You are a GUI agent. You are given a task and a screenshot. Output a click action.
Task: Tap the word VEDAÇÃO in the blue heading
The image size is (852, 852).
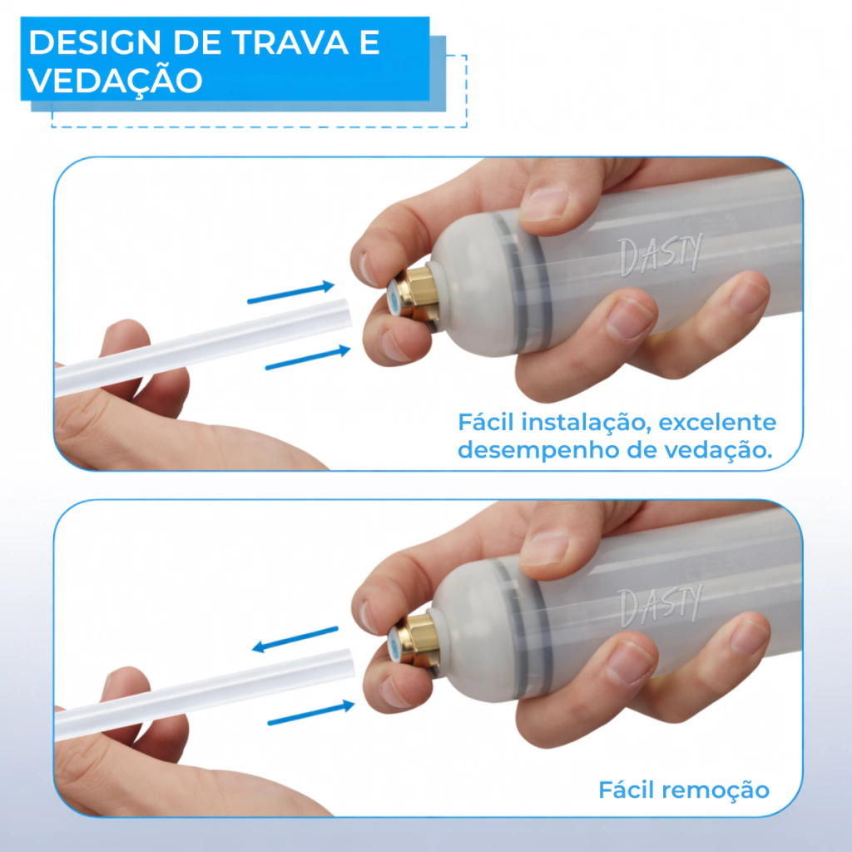pos(115,80)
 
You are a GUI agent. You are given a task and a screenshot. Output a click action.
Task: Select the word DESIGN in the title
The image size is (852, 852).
pos(95,42)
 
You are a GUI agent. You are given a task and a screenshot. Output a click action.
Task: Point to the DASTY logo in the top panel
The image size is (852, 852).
pos(661,255)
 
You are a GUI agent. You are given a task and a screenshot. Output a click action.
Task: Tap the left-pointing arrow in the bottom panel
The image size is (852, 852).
pos(295,639)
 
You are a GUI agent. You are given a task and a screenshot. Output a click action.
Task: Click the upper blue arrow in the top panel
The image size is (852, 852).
pos(290,292)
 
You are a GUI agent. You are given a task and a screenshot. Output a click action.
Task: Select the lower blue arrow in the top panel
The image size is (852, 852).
pos(308,358)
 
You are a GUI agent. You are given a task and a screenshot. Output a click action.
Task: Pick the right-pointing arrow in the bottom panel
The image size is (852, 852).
pos(311,712)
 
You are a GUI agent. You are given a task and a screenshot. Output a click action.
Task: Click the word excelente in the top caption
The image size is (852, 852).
pos(717,422)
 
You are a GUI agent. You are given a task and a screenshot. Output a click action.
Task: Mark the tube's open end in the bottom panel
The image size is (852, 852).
pos(348,662)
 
